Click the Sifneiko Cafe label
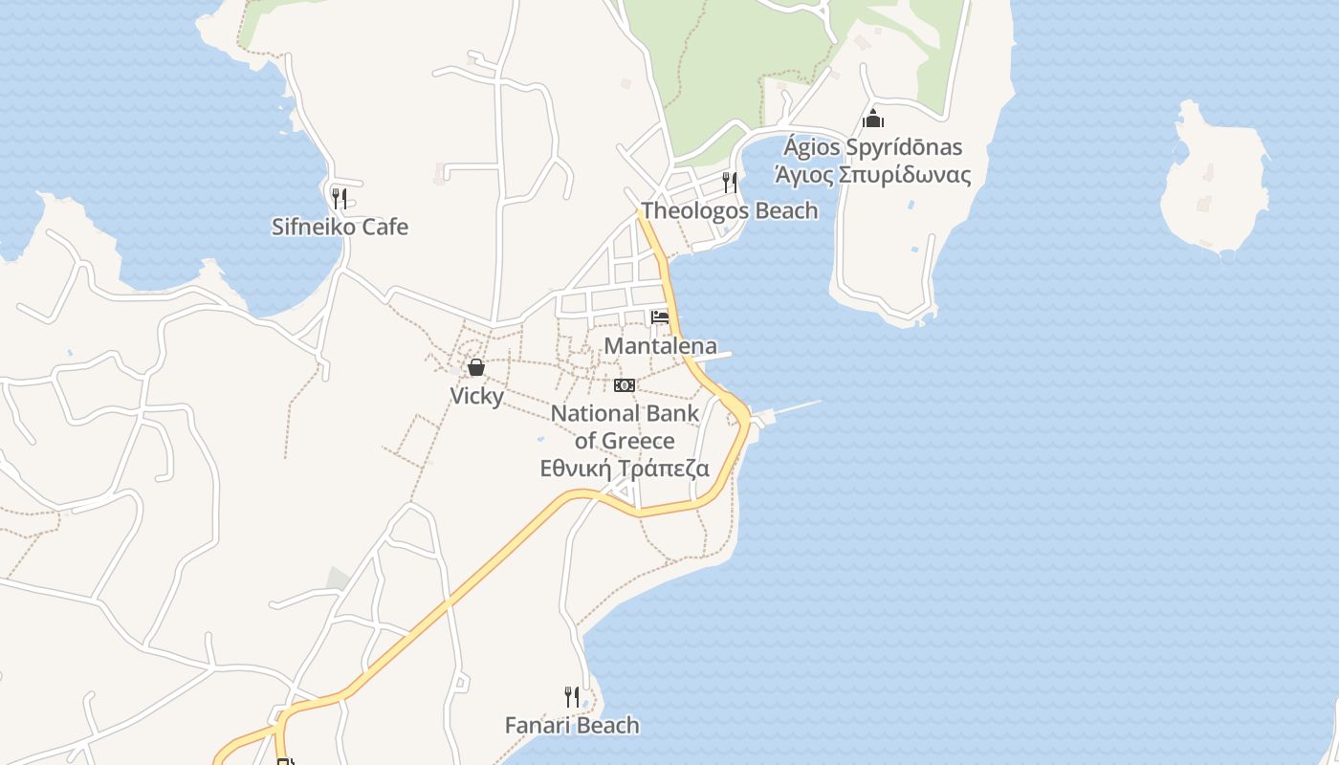pos(340,228)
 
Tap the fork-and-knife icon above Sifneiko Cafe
pos(339,198)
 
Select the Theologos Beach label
pos(730,211)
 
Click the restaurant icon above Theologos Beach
pos(729,182)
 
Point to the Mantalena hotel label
pos(660,346)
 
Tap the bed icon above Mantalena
pos(660,317)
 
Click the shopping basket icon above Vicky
pos(476,367)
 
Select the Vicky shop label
pos(476,396)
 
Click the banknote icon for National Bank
pos(625,385)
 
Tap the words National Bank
pos(626,414)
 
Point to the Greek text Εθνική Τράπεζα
pos(625,469)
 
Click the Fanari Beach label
pos(572,726)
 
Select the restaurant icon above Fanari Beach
pos(572,696)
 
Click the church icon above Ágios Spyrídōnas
pos(872,120)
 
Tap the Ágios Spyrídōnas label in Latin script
pos(872,148)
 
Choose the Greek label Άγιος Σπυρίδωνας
pos(872,175)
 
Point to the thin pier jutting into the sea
pos(794,408)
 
